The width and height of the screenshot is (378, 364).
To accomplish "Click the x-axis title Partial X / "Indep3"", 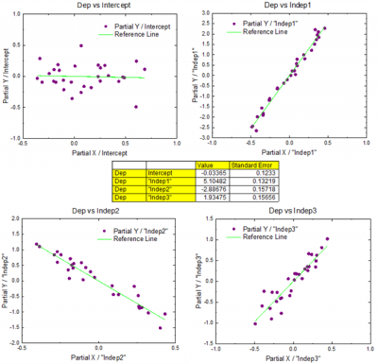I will pos(283,359).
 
